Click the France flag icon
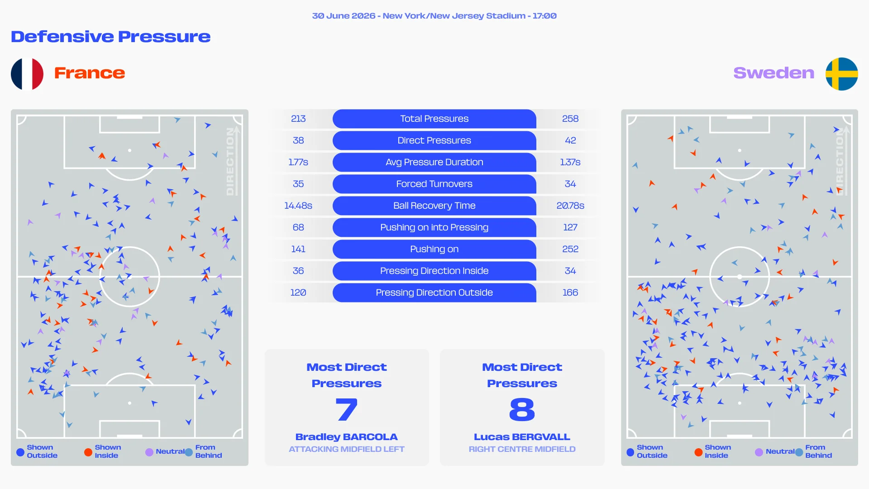[x=27, y=74]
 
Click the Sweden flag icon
[x=842, y=74]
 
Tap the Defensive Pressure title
[x=110, y=37]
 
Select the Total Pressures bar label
[x=434, y=119]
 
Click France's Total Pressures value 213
[x=298, y=119]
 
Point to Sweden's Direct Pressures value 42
[x=570, y=140]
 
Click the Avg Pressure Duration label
[x=434, y=162]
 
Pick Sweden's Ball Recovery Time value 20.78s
[x=570, y=206]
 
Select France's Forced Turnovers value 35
[x=298, y=184]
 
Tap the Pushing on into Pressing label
[x=434, y=227]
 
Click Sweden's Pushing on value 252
[x=570, y=249]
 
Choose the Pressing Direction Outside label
[x=434, y=292]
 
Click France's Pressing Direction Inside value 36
[x=298, y=271]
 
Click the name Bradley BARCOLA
[x=347, y=437]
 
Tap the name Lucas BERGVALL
[x=522, y=437]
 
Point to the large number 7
[x=347, y=409]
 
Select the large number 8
[x=522, y=409]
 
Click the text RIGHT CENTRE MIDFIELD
[x=522, y=449]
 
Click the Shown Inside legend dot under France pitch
[x=88, y=452]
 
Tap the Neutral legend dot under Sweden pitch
[x=759, y=452]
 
